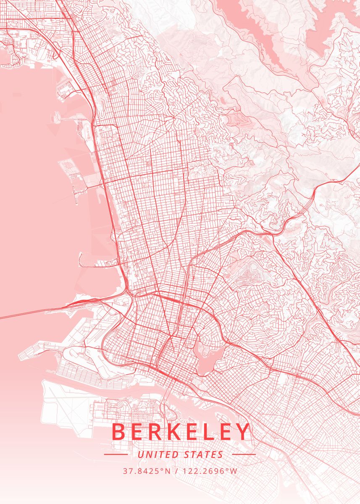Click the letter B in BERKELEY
[120, 432]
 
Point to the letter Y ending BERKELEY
[242, 432]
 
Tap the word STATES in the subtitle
[204, 454]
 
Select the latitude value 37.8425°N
[147, 471]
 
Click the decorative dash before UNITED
[116, 454]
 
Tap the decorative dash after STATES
[244, 454]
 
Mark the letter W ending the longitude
[234, 471]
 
